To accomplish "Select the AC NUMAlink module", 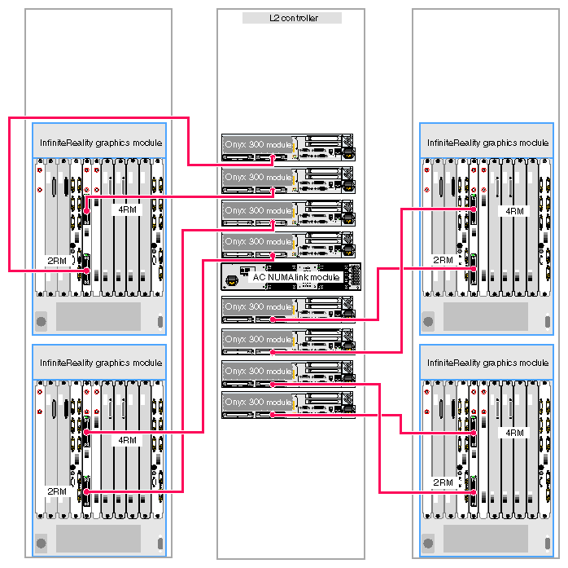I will tap(290, 277).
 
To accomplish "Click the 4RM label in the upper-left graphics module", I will tap(127, 209).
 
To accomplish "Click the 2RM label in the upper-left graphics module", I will tap(56, 261).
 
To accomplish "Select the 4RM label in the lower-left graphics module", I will tap(127, 440).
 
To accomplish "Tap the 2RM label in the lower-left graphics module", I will tap(56, 491).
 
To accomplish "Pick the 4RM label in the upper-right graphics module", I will tap(514, 210).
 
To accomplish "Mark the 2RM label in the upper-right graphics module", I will tap(443, 261).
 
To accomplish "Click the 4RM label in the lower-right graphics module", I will tap(514, 433).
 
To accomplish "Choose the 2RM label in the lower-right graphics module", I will tap(443, 482).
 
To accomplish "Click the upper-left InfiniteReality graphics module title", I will tap(101, 143).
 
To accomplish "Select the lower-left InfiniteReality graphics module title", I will tap(101, 363).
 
